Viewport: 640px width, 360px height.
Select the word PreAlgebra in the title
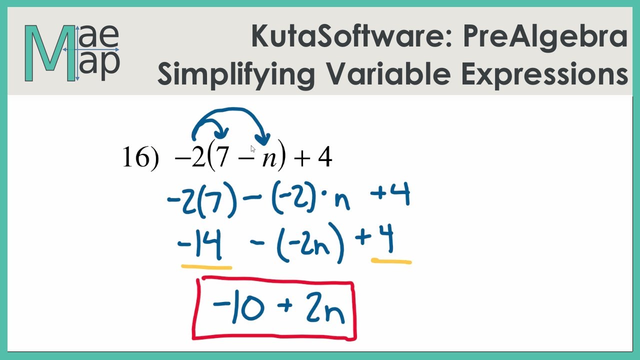[x=545, y=38]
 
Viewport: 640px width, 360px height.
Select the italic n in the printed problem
[x=267, y=160]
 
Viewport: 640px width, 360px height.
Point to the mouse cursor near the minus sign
[x=253, y=148]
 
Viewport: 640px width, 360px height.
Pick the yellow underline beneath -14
[x=206, y=267]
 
